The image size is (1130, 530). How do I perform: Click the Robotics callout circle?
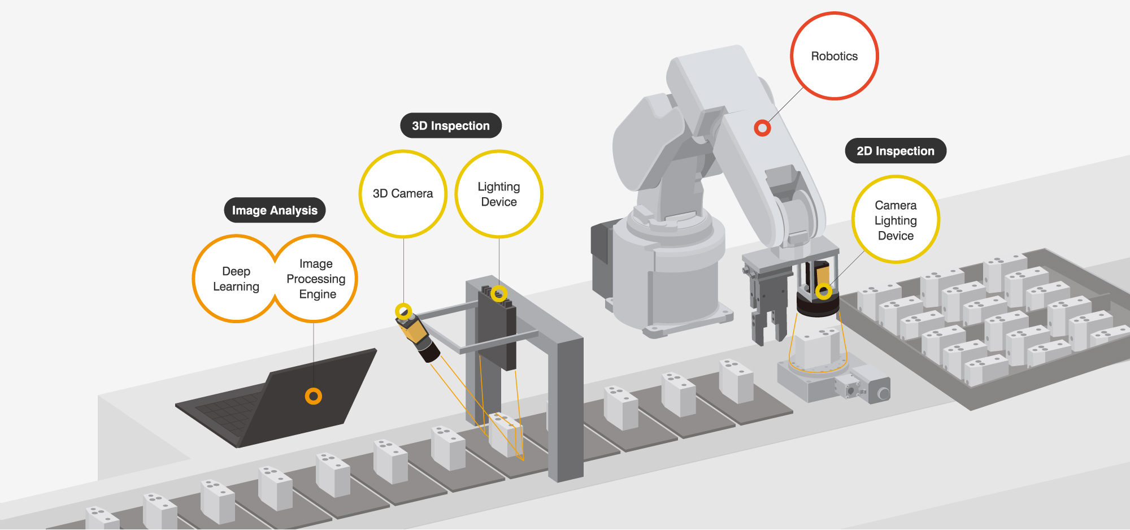[x=834, y=56]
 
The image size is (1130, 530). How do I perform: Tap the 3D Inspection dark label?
[x=450, y=125]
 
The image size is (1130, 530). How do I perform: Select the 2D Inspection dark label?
[x=895, y=151]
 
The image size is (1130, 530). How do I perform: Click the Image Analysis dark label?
[x=275, y=210]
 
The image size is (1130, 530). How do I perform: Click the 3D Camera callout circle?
[x=403, y=193]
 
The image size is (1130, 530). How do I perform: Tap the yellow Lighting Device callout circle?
[x=499, y=194]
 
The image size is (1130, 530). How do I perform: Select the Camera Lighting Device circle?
[x=896, y=220]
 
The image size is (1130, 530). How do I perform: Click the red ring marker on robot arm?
[x=762, y=128]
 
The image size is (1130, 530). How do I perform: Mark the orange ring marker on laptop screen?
[x=314, y=396]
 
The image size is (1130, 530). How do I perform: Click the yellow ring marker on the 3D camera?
[x=403, y=311]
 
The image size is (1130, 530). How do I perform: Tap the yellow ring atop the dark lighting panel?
[x=499, y=293]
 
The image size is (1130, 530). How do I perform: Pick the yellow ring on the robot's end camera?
[x=824, y=292]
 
